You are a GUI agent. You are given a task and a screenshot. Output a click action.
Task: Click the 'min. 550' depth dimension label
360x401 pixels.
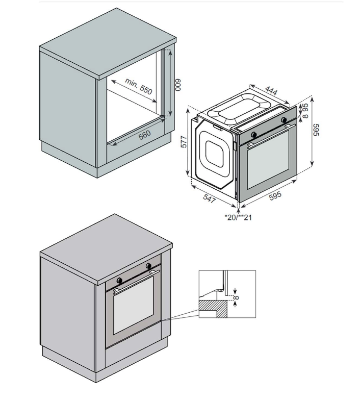click(139, 86)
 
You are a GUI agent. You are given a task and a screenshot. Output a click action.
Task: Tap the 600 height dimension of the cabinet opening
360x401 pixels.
click(178, 85)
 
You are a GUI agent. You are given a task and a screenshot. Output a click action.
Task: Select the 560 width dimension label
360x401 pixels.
click(145, 135)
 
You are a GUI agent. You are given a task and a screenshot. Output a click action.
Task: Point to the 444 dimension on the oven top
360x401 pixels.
click(271, 90)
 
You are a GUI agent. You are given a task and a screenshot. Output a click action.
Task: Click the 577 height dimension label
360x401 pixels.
click(184, 142)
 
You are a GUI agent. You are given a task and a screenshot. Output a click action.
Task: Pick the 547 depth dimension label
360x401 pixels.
click(210, 198)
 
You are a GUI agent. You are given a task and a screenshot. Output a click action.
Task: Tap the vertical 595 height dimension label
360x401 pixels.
click(316, 130)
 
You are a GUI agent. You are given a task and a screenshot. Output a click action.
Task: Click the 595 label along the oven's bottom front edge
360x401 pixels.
click(275, 195)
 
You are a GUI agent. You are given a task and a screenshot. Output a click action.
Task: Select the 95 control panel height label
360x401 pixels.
click(305, 107)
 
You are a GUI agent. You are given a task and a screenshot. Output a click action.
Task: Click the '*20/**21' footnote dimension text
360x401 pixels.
click(238, 217)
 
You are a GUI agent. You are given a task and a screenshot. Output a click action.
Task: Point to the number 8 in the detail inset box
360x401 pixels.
click(237, 297)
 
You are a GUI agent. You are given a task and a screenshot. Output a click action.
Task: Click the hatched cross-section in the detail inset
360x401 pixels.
click(213, 309)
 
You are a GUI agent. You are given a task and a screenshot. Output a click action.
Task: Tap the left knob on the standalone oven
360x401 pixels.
click(254, 134)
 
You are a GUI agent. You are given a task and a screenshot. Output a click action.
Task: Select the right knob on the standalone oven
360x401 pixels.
click(284, 120)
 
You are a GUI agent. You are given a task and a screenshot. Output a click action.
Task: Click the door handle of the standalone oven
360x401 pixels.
click(272, 135)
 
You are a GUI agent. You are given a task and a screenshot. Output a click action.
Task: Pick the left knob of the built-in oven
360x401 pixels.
click(119, 280)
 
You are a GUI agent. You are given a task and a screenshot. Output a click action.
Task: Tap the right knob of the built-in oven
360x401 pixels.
click(148, 266)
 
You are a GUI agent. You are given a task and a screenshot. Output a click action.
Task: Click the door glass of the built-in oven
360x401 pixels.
click(133, 305)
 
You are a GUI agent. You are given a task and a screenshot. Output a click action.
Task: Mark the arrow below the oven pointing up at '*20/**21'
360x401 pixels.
click(239, 211)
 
